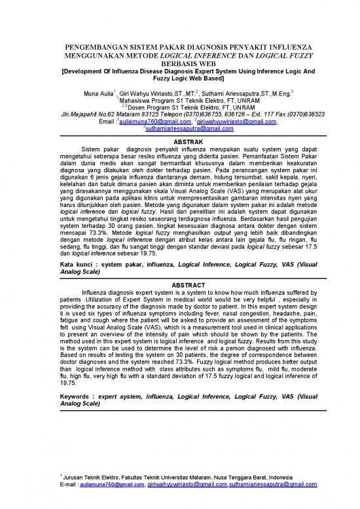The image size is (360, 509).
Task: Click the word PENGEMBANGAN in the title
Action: click(x=100, y=49)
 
